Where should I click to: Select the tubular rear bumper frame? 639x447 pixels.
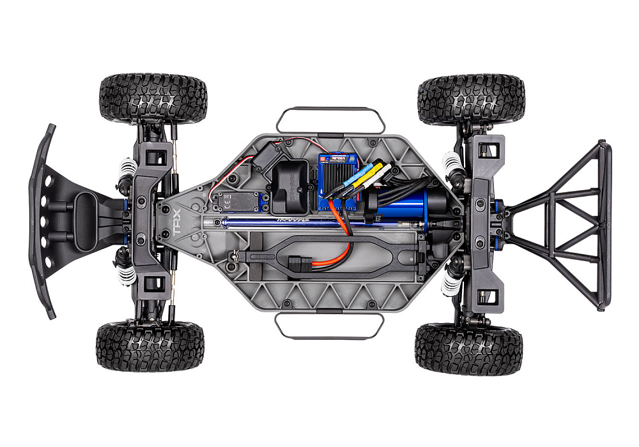[562, 223]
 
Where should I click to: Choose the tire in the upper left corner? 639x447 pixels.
[153, 99]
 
